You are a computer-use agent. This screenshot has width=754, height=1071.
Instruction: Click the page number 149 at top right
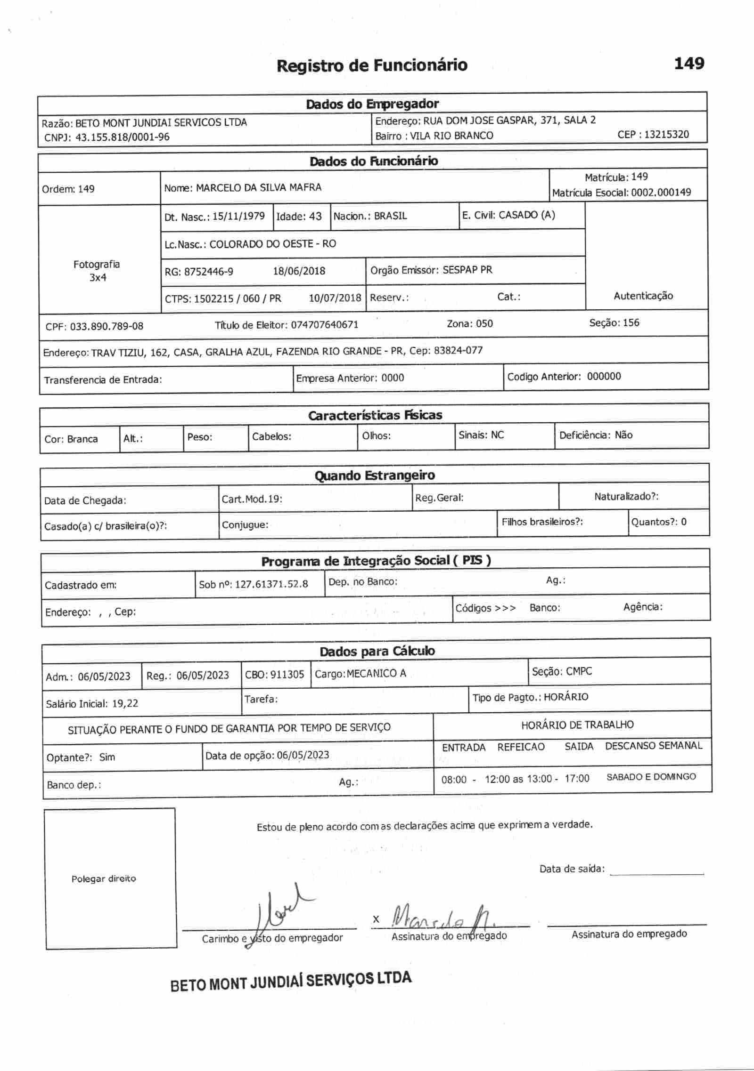pyautogui.click(x=689, y=64)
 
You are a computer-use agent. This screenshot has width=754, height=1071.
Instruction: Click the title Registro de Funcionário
pyautogui.click(x=372, y=65)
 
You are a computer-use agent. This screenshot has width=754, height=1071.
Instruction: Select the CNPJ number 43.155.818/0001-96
pyautogui.click(x=123, y=137)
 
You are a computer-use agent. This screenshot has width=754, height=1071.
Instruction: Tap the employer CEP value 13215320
pyautogui.click(x=666, y=135)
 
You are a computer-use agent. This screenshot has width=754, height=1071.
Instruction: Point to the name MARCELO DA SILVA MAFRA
pyautogui.click(x=259, y=188)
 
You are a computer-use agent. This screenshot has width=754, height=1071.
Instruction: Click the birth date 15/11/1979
pyautogui.click(x=238, y=217)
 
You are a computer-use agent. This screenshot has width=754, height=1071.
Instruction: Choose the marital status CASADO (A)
pyautogui.click(x=526, y=215)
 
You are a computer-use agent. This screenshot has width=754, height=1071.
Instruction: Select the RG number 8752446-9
pyautogui.click(x=209, y=272)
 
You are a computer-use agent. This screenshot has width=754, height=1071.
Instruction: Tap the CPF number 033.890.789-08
pyautogui.click(x=107, y=326)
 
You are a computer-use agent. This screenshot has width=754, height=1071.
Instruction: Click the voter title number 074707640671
pyautogui.click(x=325, y=325)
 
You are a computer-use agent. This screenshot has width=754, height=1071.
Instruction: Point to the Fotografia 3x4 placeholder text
pyautogui.click(x=97, y=271)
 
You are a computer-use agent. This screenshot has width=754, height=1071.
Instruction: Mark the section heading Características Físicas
pyautogui.click(x=375, y=415)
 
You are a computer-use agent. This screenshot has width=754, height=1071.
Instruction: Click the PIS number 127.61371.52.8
pyautogui.click(x=271, y=584)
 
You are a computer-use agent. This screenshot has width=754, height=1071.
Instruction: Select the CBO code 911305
pyautogui.click(x=287, y=675)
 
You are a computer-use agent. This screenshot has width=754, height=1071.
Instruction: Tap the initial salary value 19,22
pyautogui.click(x=125, y=703)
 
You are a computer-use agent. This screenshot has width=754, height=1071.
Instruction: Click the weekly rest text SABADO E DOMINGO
pyautogui.click(x=651, y=777)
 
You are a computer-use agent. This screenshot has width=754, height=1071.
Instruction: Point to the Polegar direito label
pyautogui.click(x=104, y=879)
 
